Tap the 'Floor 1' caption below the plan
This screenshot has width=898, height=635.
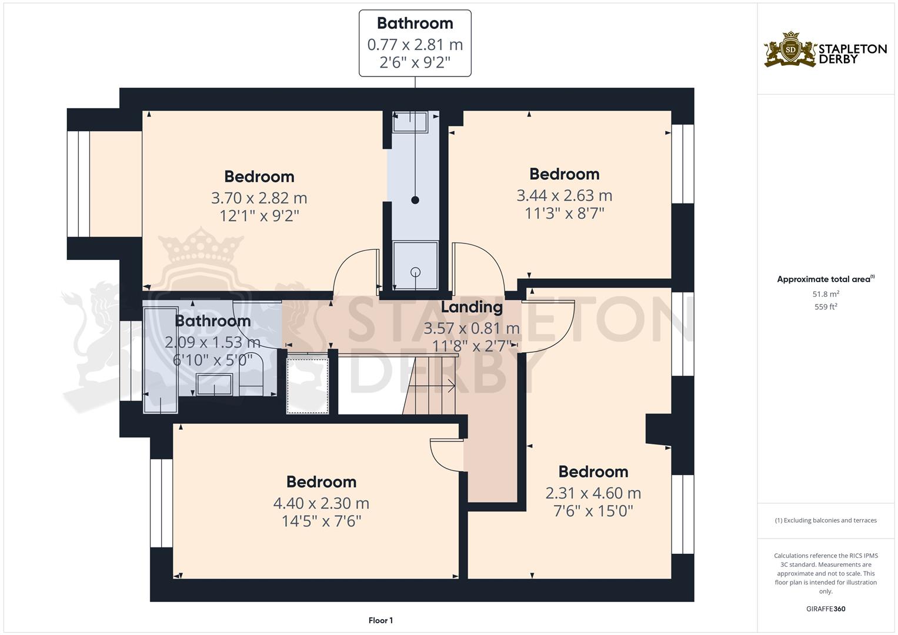tap(380, 620)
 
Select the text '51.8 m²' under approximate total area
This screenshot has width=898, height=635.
tap(826, 294)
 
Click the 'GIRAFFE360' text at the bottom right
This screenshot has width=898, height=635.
tap(826, 609)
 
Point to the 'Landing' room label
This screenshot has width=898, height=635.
tap(472, 307)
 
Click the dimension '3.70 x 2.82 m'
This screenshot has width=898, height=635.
tap(259, 198)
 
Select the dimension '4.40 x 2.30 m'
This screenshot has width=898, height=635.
tap(321, 503)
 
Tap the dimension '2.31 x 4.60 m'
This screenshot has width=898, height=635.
tap(593, 493)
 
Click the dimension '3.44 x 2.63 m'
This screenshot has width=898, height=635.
tap(564, 195)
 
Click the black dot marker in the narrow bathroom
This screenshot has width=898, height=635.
tap(415, 200)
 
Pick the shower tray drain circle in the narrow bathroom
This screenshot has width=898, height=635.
tap(416, 272)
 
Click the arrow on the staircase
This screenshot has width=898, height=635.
tap(451, 386)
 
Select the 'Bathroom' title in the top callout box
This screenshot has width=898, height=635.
tap(415, 24)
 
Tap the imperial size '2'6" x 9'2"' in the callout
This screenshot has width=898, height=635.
tap(415, 62)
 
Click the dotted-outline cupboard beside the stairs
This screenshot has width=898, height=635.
tap(307, 383)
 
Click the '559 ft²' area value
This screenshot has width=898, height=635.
tap(826, 307)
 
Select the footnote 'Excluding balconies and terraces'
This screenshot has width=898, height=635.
tap(826, 520)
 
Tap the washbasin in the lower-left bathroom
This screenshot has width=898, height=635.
tap(214, 385)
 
